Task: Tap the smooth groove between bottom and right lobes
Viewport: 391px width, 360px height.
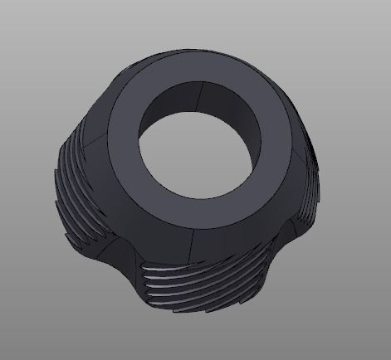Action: point(286,249)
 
